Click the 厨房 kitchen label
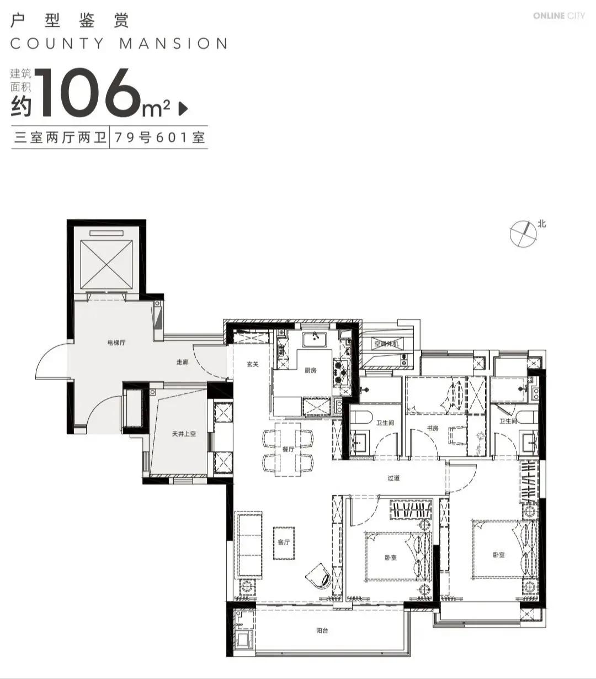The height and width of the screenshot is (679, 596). pos(310,370)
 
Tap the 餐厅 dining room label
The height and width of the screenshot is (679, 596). pos(288,449)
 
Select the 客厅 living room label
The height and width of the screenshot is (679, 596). pos(284,542)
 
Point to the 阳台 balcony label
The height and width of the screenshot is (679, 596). pos(322,631)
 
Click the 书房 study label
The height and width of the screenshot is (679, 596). pos(433,428)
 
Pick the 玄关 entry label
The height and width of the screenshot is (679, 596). pos(253,364)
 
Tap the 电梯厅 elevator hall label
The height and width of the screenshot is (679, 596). pos(116,343)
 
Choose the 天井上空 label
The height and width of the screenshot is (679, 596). pos(184,434)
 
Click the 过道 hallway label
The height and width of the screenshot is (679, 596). pos(393,478)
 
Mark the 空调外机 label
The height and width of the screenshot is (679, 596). pos(386,344)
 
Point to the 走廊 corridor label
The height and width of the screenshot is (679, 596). pos(183,362)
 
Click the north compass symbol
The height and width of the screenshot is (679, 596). pos(523,233)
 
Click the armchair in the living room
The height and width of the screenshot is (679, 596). pos(319,576)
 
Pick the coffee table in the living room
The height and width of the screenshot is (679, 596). pos(284,543)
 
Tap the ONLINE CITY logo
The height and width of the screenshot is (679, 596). pos(559,16)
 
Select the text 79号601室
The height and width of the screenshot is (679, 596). pos(159,138)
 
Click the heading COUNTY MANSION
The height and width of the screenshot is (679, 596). pos(119,44)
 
